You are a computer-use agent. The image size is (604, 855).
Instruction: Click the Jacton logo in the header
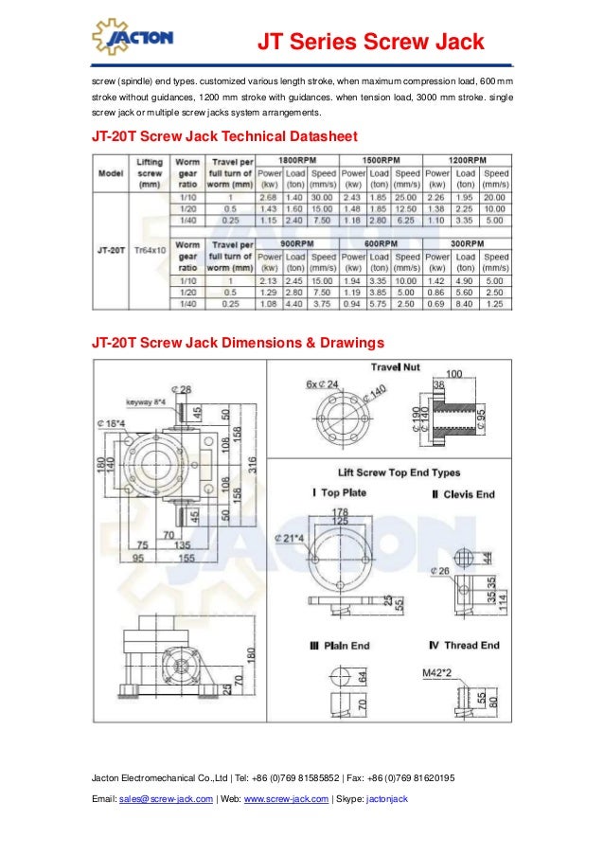tap(132, 37)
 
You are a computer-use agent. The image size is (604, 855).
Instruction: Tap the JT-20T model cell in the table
tap(113, 250)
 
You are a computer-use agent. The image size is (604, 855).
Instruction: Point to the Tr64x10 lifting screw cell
tap(150, 250)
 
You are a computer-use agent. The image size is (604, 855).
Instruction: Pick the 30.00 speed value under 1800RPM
tap(323, 197)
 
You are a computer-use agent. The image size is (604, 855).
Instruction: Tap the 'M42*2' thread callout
tap(435, 672)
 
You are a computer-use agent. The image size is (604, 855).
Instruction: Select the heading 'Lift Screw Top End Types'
tap(400, 472)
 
